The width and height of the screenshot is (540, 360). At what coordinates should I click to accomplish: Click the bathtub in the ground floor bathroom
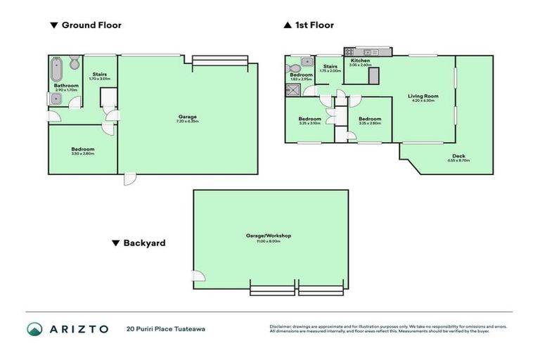click(x=57, y=70)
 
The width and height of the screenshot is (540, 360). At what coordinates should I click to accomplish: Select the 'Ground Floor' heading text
click(x=91, y=25)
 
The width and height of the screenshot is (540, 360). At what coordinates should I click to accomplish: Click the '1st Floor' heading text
click(x=314, y=25)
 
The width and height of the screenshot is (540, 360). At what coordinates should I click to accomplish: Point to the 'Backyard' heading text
click(x=144, y=243)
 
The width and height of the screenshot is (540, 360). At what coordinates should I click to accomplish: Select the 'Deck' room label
click(x=458, y=156)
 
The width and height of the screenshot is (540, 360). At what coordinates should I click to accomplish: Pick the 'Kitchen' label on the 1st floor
click(x=360, y=61)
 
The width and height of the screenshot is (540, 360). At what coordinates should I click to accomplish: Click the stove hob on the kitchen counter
click(x=351, y=51)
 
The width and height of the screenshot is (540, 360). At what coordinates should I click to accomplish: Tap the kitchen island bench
click(x=373, y=75)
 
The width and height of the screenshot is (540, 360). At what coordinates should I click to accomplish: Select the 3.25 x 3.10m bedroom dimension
click(x=310, y=123)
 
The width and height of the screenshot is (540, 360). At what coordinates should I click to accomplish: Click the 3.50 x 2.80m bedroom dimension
click(x=82, y=153)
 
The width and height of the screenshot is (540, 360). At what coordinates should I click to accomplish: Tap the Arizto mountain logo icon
click(x=35, y=329)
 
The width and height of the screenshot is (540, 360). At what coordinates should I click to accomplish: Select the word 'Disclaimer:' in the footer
click(x=282, y=326)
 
